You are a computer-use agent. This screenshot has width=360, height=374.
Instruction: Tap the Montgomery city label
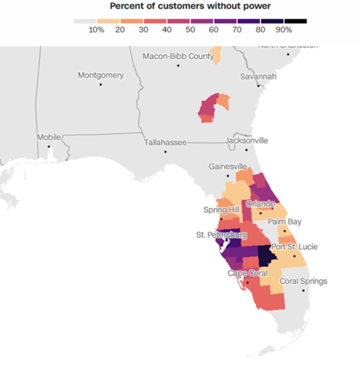click(101, 76)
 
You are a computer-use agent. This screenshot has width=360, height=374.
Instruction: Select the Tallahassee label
click(166, 142)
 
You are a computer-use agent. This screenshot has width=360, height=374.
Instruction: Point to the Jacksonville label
click(247, 141)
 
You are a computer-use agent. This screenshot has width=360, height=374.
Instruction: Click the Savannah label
click(259, 77)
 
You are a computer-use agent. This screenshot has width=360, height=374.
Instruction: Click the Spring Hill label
click(222, 210)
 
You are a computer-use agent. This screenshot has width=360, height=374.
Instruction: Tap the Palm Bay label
click(284, 222)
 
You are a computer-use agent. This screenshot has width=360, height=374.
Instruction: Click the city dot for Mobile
click(49, 146)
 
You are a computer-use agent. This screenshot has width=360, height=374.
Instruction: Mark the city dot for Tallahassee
click(166, 152)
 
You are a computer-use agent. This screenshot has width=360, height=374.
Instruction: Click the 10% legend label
click(97, 30)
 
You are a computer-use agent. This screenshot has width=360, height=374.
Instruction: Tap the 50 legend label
click(190, 30)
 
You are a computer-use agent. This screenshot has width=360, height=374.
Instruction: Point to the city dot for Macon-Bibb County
click(178, 66)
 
